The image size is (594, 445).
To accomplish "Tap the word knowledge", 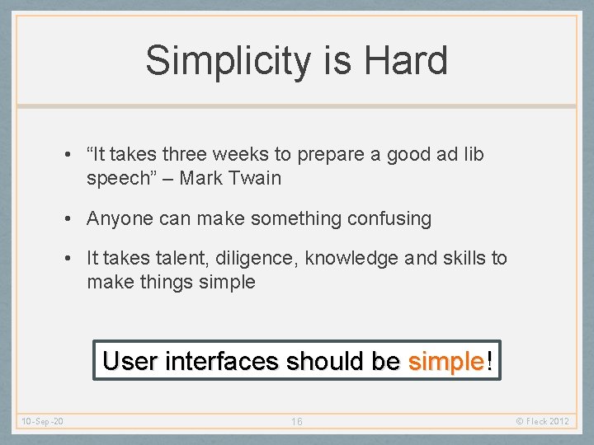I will click(x=352, y=258).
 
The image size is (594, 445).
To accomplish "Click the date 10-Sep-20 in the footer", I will click(x=44, y=422).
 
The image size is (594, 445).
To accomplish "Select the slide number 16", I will click(x=297, y=422).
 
